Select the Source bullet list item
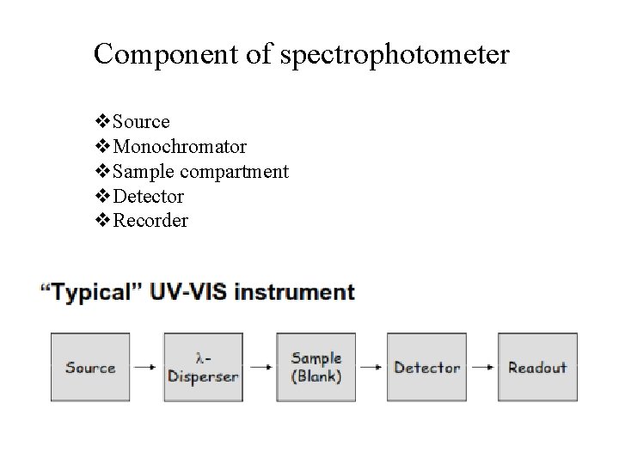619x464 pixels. [141, 122]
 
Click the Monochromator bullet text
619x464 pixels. [180, 147]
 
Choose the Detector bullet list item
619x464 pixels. [148, 196]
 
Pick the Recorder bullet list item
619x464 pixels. [150, 221]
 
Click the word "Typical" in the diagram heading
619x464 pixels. [92, 292]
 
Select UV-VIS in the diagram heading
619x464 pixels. [189, 292]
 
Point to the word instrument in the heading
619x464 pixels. [294, 292]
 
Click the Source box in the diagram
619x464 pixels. [90, 367]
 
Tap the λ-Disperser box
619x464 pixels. [203, 367]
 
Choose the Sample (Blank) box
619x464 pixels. [316, 367]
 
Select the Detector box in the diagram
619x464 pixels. [426, 367]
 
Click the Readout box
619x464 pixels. [537, 367]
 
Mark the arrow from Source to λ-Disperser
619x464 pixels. [147, 367]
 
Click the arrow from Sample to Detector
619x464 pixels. [371, 367]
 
